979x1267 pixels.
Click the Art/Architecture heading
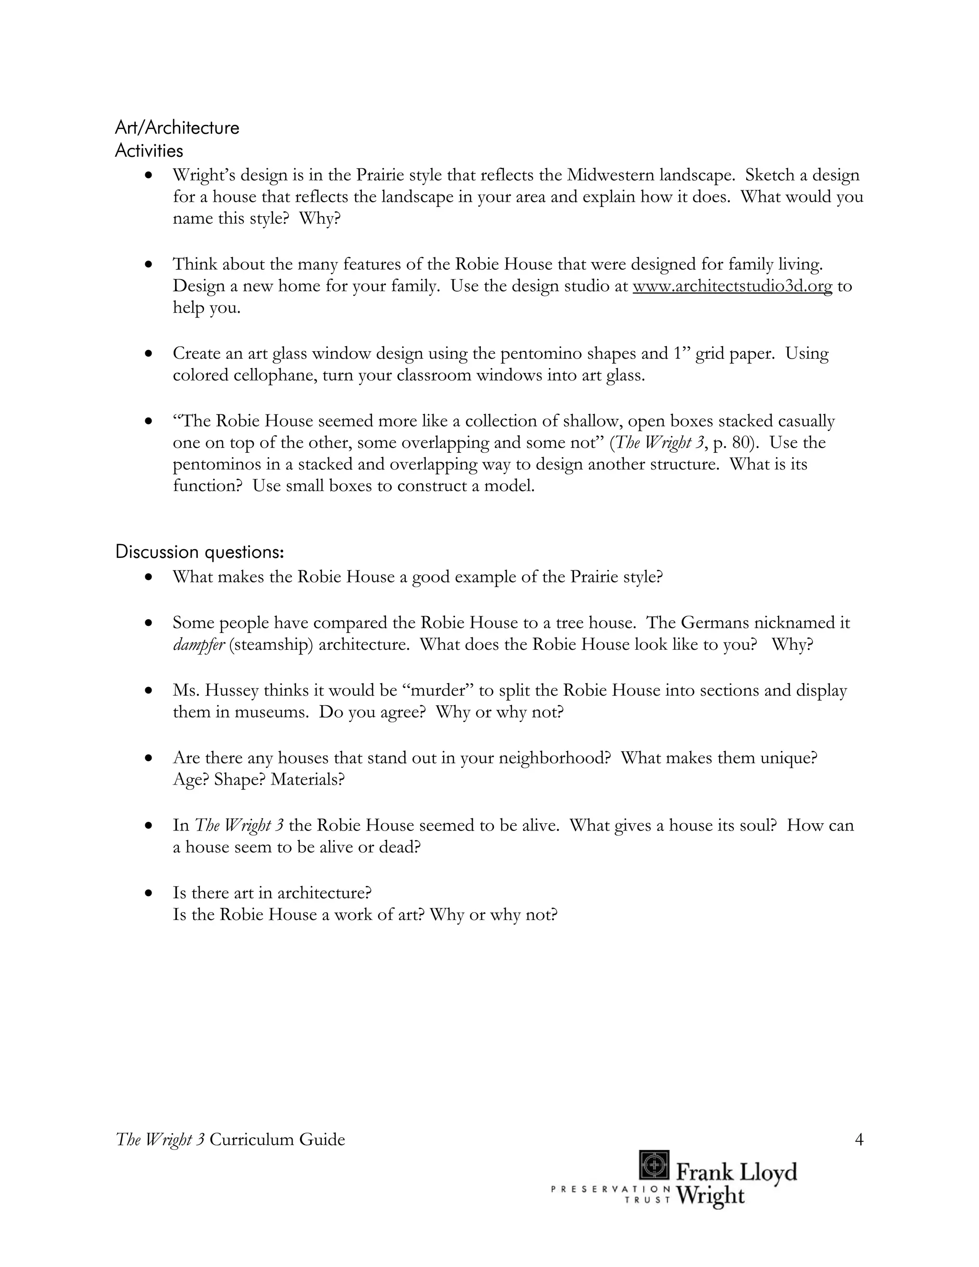(x=177, y=128)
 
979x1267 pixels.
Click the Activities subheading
(x=149, y=151)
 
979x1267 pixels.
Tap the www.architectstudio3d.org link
(x=732, y=286)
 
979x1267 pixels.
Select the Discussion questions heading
(x=199, y=552)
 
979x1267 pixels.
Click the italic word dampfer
(x=198, y=644)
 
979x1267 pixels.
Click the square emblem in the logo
(x=653, y=1165)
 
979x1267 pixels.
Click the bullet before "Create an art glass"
(x=150, y=353)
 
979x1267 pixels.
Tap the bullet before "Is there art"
(x=150, y=893)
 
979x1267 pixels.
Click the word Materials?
(x=307, y=779)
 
